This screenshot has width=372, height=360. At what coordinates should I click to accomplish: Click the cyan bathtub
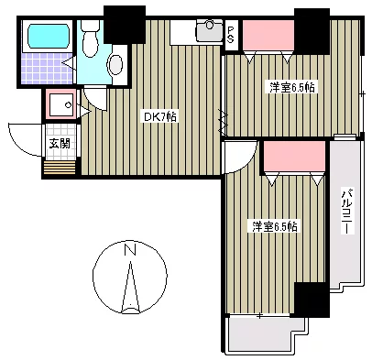(49, 36)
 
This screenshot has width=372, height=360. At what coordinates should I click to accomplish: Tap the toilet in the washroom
(90, 38)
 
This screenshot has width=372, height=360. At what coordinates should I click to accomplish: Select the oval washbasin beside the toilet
(115, 64)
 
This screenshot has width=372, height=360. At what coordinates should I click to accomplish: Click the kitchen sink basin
(210, 30)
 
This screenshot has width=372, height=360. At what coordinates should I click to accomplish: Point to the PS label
(231, 35)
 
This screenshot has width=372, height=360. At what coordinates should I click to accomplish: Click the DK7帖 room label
(159, 117)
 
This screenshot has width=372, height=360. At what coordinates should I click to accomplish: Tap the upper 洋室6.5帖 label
(291, 88)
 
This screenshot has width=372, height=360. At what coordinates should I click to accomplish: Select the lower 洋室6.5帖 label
(275, 226)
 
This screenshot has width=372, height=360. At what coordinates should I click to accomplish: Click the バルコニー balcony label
(346, 212)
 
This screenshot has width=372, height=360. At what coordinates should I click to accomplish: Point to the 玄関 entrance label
(60, 143)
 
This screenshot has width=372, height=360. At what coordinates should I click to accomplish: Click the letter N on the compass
(130, 249)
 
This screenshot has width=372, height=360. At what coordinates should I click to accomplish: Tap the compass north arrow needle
(130, 288)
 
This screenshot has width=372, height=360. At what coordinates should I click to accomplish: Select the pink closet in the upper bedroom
(268, 35)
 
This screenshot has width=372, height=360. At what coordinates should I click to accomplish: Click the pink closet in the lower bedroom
(294, 157)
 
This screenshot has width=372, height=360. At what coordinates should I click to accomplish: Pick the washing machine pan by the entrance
(61, 104)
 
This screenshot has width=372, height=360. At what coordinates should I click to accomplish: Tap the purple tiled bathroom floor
(47, 68)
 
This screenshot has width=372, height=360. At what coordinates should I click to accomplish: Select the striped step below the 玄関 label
(60, 168)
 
